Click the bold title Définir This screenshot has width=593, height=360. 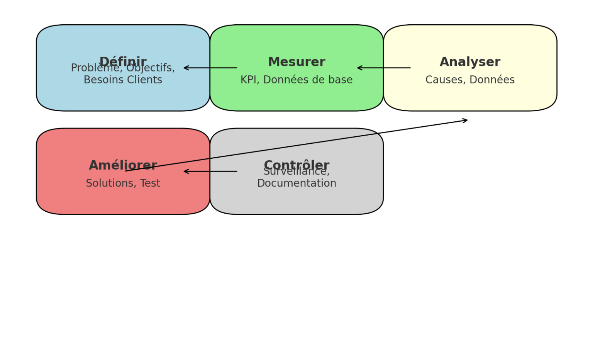[123, 61]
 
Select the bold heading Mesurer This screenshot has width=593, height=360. [296, 62]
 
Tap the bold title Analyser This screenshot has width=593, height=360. [470, 62]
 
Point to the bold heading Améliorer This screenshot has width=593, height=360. [123, 165]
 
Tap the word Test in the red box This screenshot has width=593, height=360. [150, 183]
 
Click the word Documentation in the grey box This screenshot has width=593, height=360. [296, 183]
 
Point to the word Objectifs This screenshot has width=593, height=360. [151, 68]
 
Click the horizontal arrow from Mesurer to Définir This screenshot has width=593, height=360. [210, 68]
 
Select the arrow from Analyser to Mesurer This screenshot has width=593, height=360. [384, 68]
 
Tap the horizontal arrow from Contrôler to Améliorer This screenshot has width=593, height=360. [210, 172]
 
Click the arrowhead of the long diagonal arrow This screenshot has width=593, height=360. [466, 121]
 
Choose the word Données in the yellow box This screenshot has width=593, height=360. [492, 80]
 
